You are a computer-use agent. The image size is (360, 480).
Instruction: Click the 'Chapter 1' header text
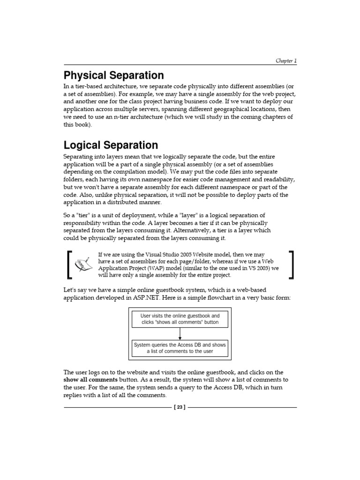tap(286, 61)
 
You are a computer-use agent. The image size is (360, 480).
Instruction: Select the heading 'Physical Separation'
tap(113, 75)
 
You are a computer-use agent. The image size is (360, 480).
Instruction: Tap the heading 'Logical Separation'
tap(111, 145)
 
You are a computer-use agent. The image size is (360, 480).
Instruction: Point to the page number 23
tap(180, 407)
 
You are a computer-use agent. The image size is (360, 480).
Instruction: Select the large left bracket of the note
tap(70, 264)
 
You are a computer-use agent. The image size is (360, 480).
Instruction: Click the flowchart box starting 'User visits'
tap(180, 319)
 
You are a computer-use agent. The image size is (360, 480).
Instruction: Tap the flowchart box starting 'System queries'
tap(180, 348)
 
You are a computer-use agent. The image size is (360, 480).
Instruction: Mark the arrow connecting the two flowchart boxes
tap(180, 334)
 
